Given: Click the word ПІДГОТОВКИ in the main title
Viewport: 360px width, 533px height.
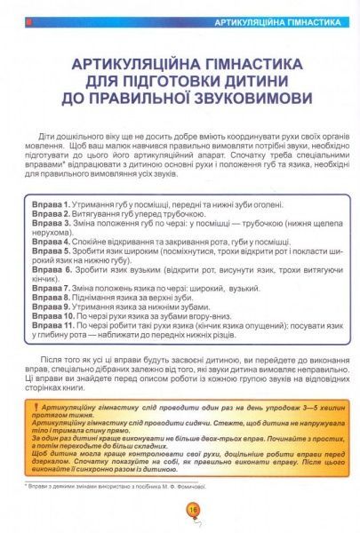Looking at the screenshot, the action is (x=167, y=79).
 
